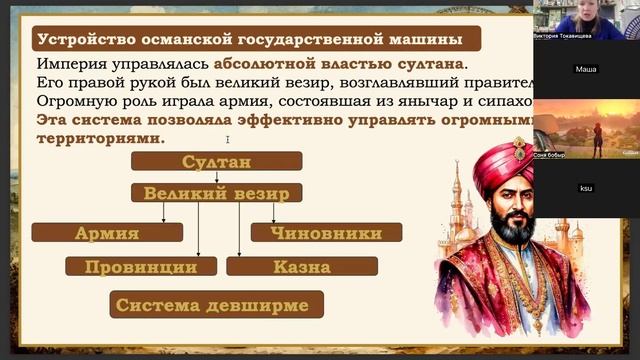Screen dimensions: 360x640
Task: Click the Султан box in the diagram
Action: (x=217, y=162)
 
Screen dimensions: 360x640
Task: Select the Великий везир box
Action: (x=217, y=193)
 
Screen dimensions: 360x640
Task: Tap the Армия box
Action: (x=106, y=233)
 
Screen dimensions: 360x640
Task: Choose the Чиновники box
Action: (x=325, y=233)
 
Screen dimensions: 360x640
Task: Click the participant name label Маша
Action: (x=586, y=69)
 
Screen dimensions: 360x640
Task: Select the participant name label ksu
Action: (x=586, y=188)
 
